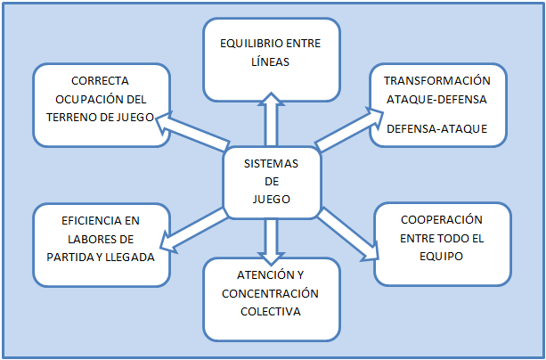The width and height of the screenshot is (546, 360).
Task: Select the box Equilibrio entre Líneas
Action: pyautogui.click(x=272, y=59)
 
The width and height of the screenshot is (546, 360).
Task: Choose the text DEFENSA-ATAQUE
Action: pyautogui.click(x=436, y=129)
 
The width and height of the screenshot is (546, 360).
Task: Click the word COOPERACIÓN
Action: pyautogui.click(x=443, y=219)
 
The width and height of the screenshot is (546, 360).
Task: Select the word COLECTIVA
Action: pyautogui.click(x=272, y=312)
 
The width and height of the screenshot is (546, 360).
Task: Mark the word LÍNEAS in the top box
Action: pyautogui.click(x=271, y=62)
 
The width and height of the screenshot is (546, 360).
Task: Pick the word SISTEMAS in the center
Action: pyautogui.click(x=271, y=164)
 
